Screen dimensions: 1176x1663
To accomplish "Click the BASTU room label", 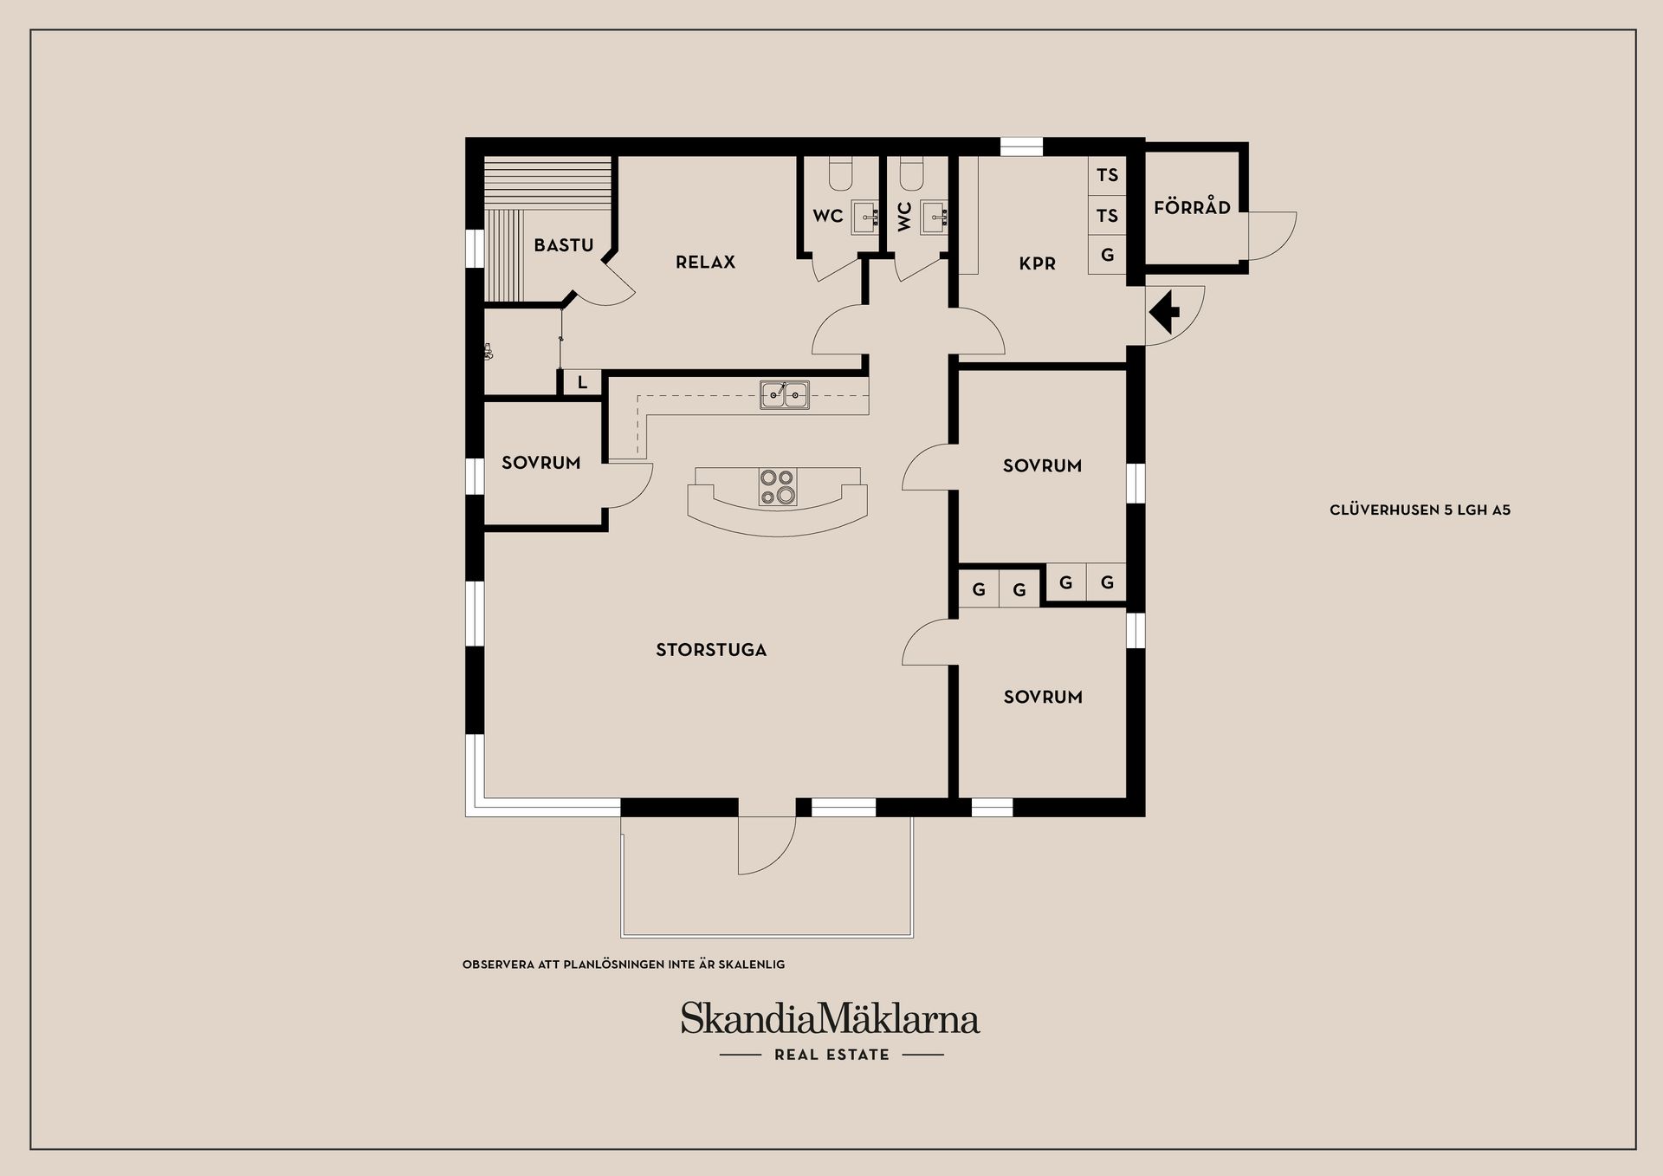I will point(563,245).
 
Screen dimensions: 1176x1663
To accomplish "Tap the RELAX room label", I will point(705,262).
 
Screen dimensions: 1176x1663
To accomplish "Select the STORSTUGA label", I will point(711,650).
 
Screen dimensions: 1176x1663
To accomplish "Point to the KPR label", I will point(1037,263).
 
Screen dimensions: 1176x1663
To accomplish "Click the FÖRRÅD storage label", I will point(1192,208).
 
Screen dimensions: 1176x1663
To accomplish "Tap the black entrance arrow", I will point(1165,312).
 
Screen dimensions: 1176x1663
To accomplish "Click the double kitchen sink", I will point(785,394).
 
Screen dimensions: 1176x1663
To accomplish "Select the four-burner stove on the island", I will point(777,486).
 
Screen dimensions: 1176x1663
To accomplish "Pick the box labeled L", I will point(582,382).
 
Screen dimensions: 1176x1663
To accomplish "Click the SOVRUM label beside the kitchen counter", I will point(540,463).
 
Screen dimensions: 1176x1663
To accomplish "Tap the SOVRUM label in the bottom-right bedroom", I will point(1043,697).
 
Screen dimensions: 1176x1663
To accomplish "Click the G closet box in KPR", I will point(1107,256).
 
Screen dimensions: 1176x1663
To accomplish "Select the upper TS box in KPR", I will point(1107,175).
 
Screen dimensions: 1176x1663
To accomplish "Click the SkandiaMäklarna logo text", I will point(830,1019).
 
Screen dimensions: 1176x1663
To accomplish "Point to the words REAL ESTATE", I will point(831,1055).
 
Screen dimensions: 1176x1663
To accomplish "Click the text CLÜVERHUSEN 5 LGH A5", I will point(1420,510).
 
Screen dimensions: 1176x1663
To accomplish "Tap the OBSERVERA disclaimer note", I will point(624,964).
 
